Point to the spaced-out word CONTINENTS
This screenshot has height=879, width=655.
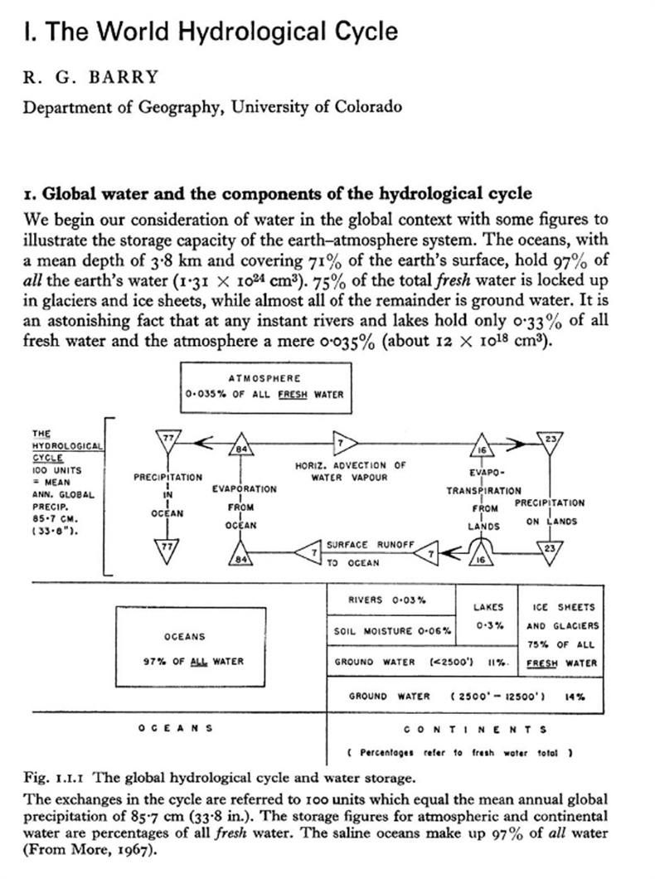(474, 730)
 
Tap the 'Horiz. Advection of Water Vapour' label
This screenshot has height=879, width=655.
(350, 471)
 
